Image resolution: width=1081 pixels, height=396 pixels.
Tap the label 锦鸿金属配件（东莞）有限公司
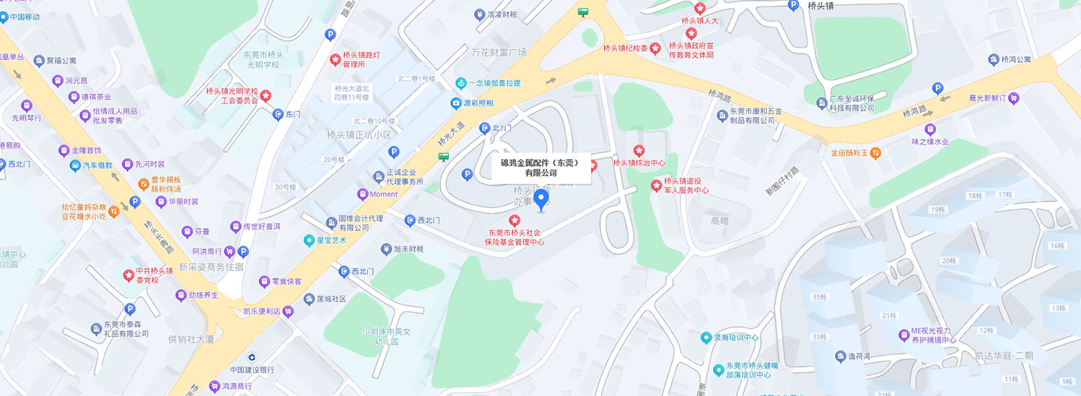(x=540, y=168)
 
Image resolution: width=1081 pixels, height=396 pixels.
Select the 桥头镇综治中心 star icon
(x=639, y=150)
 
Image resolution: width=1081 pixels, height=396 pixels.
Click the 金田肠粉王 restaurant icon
(x=875, y=152)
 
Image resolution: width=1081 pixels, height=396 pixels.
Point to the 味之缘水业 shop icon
(x=929, y=129)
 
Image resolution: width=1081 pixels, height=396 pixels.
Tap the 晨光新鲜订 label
(x=988, y=98)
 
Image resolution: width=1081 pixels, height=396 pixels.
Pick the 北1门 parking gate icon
(x=486, y=129)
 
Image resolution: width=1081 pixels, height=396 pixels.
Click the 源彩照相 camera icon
(x=456, y=103)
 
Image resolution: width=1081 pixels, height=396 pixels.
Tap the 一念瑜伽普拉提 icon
(x=460, y=83)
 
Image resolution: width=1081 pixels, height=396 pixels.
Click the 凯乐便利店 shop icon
(x=289, y=311)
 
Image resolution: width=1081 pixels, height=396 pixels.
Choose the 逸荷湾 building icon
(x=840, y=356)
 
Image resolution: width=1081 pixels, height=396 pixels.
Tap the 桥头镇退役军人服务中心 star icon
(x=656, y=186)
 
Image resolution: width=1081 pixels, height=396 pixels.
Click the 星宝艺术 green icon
(x=308, y=240)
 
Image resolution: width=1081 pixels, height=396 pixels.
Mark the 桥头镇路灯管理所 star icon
(x=335, y=59)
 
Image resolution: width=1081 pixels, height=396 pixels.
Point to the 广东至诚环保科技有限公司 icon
(x=820, y=103)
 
